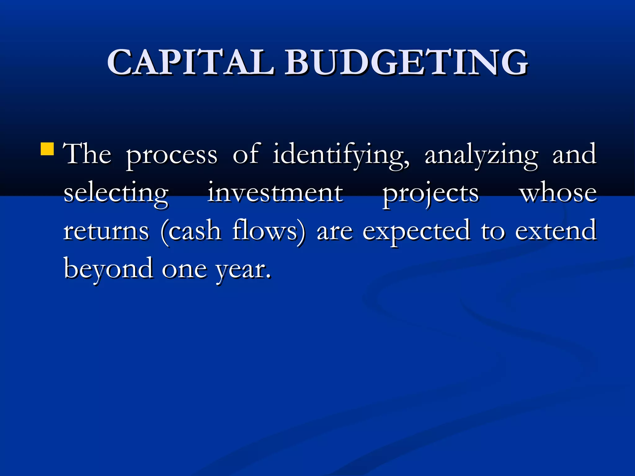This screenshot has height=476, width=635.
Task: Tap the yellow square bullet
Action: pos(47,149)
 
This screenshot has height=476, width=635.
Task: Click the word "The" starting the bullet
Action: pos(87,154)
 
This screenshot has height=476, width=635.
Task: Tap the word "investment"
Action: pos(275,193)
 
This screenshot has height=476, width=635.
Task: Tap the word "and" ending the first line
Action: pos(574,155)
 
